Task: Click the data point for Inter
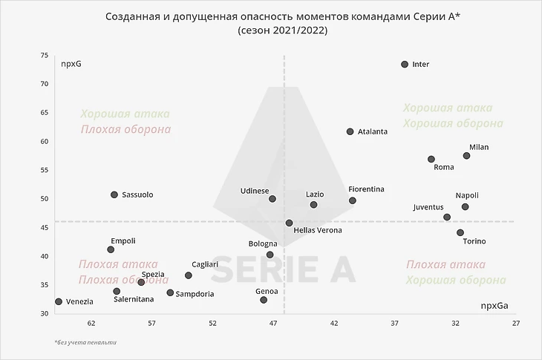tap(405, 65)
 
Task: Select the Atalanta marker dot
tap(350, 131)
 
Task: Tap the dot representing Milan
tap(466, 156)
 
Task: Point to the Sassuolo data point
tap(114, 194)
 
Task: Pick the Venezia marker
tap(59, 301)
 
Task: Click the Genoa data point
tap(264, 300)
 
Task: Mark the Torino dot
tap(460, 232)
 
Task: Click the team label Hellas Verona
tap(318, 231)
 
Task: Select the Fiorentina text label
tap(366, 189)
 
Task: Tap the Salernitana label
tap(134, 299)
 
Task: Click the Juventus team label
tap(428, 207)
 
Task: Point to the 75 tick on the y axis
tap(45, 55)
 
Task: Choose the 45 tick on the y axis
tap(45, 227)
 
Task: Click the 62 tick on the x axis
tap(91, 323)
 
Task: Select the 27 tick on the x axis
tap(515, 323)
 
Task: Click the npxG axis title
tap(71, 64)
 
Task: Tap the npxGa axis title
tap(494, 305)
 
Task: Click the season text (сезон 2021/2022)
tap(282, 30)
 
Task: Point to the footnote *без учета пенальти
tap(85, 342)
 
